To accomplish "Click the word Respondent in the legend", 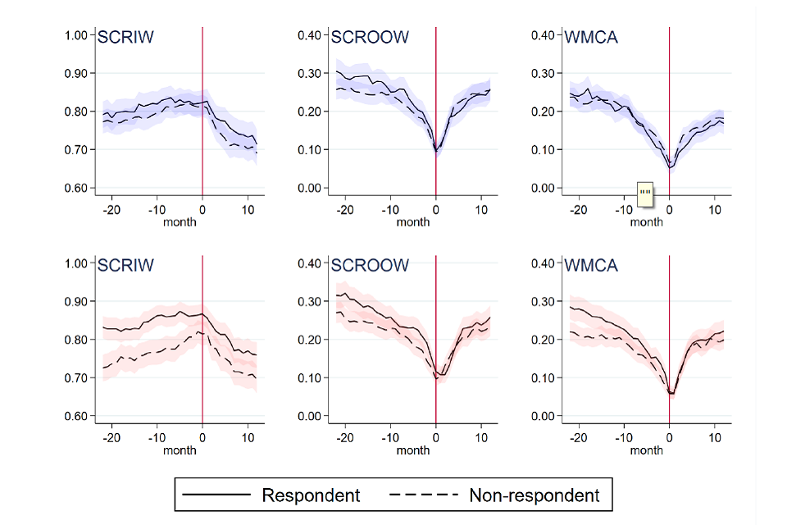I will click(x=311, y=495).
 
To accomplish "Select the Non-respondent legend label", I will click(x=534, y=495).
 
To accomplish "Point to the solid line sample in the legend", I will click(x=216, y=495).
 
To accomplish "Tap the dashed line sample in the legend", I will click(x=423, y=495).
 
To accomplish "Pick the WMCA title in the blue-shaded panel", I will click(x=591, y=37).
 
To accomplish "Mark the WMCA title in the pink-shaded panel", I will click(x=591, y=266).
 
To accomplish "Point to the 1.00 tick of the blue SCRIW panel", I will click(x=75, y=35).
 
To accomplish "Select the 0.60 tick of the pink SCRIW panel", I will click(x=75, y=416).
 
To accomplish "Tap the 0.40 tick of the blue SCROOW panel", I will click(x=309, y=35).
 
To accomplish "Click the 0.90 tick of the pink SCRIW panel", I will click(x=75, y=302).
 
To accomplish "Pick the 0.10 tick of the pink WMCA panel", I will click(x=543, y=378).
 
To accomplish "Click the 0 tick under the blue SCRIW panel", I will click(x=202, y=211).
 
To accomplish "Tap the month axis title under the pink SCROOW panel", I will click(x=413, y=450).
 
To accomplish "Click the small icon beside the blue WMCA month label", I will click(x=645, y=193).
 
